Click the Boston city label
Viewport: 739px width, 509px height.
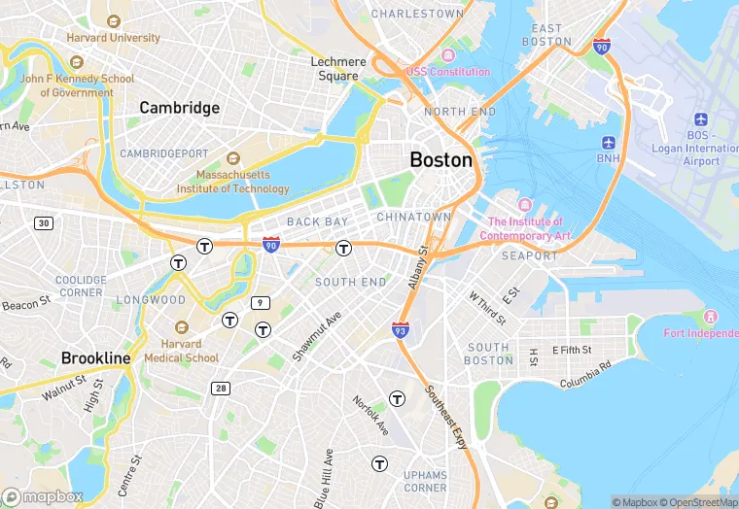[x=441, y=160]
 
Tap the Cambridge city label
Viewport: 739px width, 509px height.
[x=179, y=108]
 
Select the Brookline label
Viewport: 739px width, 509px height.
[x=95, y=358]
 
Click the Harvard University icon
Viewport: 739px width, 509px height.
[x=114, y=21]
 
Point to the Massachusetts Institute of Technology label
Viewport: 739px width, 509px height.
[x=232, y=182]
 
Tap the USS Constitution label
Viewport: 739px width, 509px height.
[x=448, y=72]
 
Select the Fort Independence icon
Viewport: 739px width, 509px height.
[x=710, y=318]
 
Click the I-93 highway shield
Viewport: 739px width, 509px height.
[x=401, y=331]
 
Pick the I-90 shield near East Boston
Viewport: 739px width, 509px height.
[x=602, y=46]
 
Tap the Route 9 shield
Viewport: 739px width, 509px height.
[x=260, y=303]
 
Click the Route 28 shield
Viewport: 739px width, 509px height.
[x=222, y=389]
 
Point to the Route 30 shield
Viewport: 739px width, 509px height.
[x=43, y=223]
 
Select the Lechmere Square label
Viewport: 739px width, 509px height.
[x=338, y=68]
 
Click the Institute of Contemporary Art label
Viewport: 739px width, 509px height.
[x=529, y=229]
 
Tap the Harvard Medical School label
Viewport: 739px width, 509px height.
[x=182, y=351]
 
